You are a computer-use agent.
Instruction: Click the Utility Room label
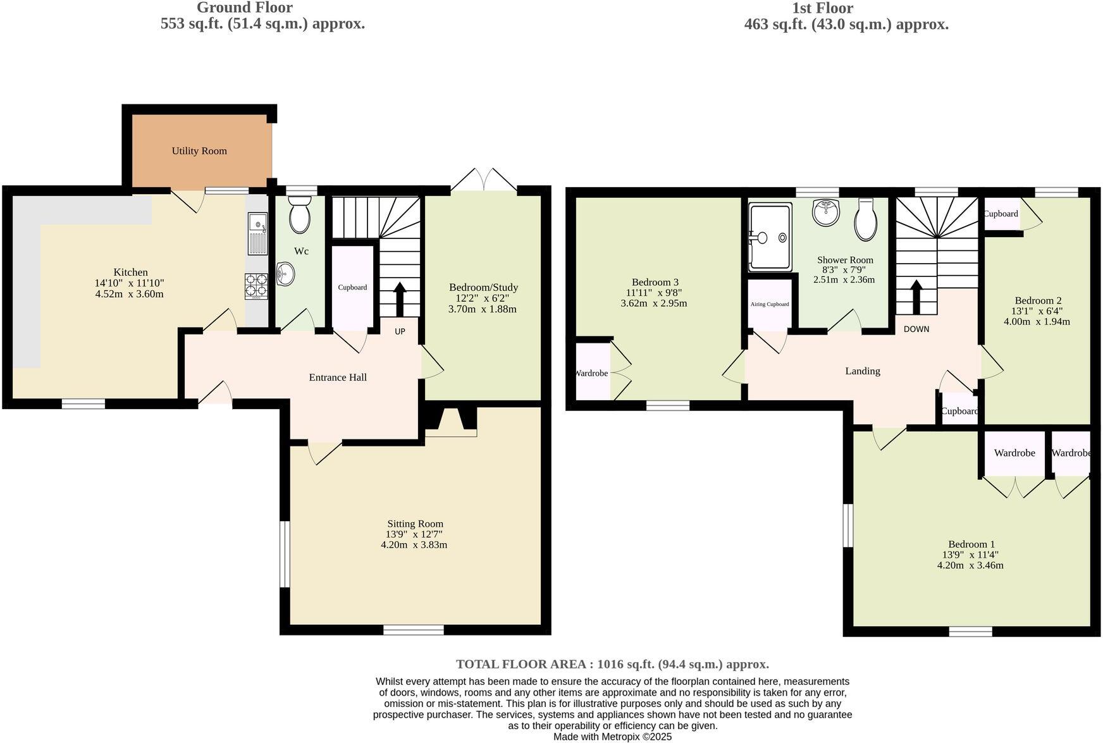point(199,151)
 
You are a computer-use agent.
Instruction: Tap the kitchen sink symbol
point(257,232)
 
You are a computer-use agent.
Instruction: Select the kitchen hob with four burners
point(256,285)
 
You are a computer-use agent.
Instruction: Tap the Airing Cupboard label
point(769,304)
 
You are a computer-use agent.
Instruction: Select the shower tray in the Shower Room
point(770,237)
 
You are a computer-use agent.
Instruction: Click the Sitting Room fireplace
point(451,422)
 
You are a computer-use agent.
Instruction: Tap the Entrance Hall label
point(338,378)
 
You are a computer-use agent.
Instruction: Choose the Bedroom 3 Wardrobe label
point(591,374)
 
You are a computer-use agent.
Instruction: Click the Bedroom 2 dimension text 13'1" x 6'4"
point(1037,311)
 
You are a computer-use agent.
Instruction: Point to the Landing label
point(863,371)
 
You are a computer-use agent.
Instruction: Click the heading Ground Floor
point(244,8)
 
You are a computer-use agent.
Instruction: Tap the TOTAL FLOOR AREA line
point(612,664)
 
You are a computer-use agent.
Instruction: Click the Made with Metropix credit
point(612,737)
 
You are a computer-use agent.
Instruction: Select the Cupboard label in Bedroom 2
point(1001,214)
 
